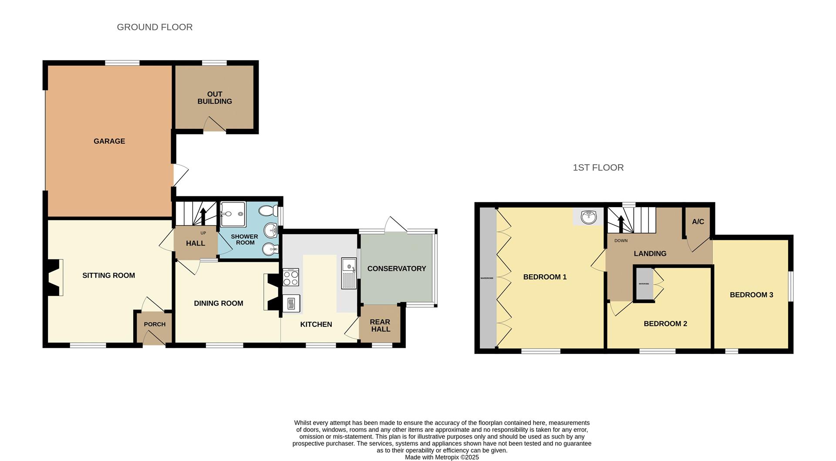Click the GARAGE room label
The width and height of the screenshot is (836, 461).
click(109, 141)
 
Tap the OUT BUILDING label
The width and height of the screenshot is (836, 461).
click(215, 98)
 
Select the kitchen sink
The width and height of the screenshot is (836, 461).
click(349, 273)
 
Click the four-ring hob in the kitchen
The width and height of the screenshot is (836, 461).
click(291, 277)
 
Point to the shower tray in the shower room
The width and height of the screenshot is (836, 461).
click(233, 214)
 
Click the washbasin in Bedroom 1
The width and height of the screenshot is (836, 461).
click(588, 216)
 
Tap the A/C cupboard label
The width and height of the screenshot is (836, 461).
click(698, 222)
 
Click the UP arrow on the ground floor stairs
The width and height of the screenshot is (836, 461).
click(203, 216)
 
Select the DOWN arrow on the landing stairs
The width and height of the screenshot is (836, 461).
click(621, 223)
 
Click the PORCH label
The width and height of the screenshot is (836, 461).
click(155, 324)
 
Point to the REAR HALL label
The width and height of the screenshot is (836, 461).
click(380, 326)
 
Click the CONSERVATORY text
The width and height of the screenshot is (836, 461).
click(397, 269)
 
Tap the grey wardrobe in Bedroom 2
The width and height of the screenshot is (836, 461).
click(644, 284)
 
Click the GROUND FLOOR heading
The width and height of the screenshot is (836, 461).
click(155, 27)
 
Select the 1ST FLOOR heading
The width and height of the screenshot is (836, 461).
click(598, 168)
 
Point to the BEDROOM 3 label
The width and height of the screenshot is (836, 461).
click(752, 295)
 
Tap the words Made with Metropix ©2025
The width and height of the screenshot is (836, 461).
click(442, 457)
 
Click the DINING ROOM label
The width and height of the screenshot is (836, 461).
click(219, 303)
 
